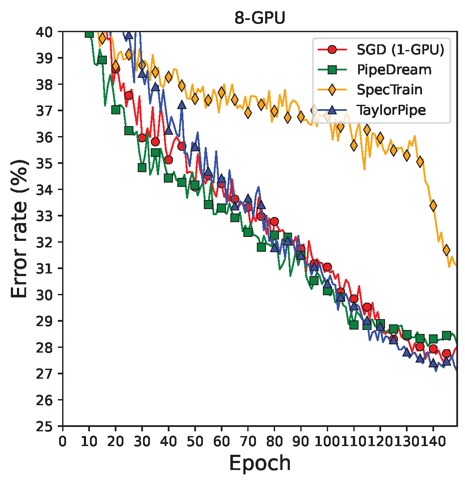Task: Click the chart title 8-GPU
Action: pyautogui.click(x=259, y=20)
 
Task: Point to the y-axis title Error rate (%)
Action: pyautogui.click(x=20, y=228)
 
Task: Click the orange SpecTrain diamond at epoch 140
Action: pyautogui.click(x=433, y=206)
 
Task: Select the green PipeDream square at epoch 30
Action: pyautogui.click(x=142, y=167)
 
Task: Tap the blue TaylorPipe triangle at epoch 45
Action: pyautogui.click(x=182, y=105)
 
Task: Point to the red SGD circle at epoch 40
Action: pyautogui.click(x=169, y=160)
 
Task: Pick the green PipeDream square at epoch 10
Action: pyautogui.click(x=90, y=33)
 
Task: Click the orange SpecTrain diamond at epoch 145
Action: pyautogui.click(x=446, y=250)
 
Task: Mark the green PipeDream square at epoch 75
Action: pyautogui.click(x=261, y=247)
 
